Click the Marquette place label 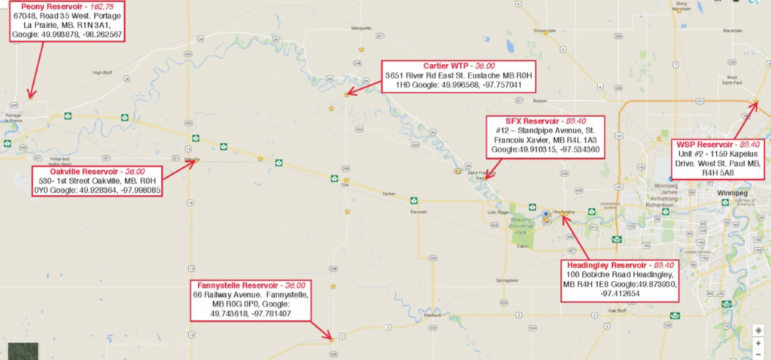pyautogui.click(x=361, y=29)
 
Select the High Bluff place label pyautogui.click(x=102, y=72)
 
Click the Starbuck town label pyautogui.click(x=431, y=316)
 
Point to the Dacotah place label pyautogui.click(x=418, y=212)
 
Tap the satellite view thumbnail pyautogui.click(x=23, y=351)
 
